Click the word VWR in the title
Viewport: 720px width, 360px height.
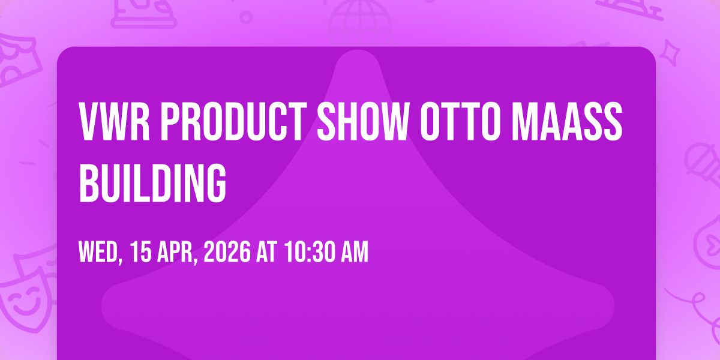[x=115, y=121]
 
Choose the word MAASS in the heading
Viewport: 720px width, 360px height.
[x=567, y=121]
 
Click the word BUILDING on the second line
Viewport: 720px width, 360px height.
[x=152, y=182]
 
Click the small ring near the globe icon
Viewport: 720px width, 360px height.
[x=246, y=17]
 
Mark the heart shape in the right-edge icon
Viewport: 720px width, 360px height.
[x=713, y=245]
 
